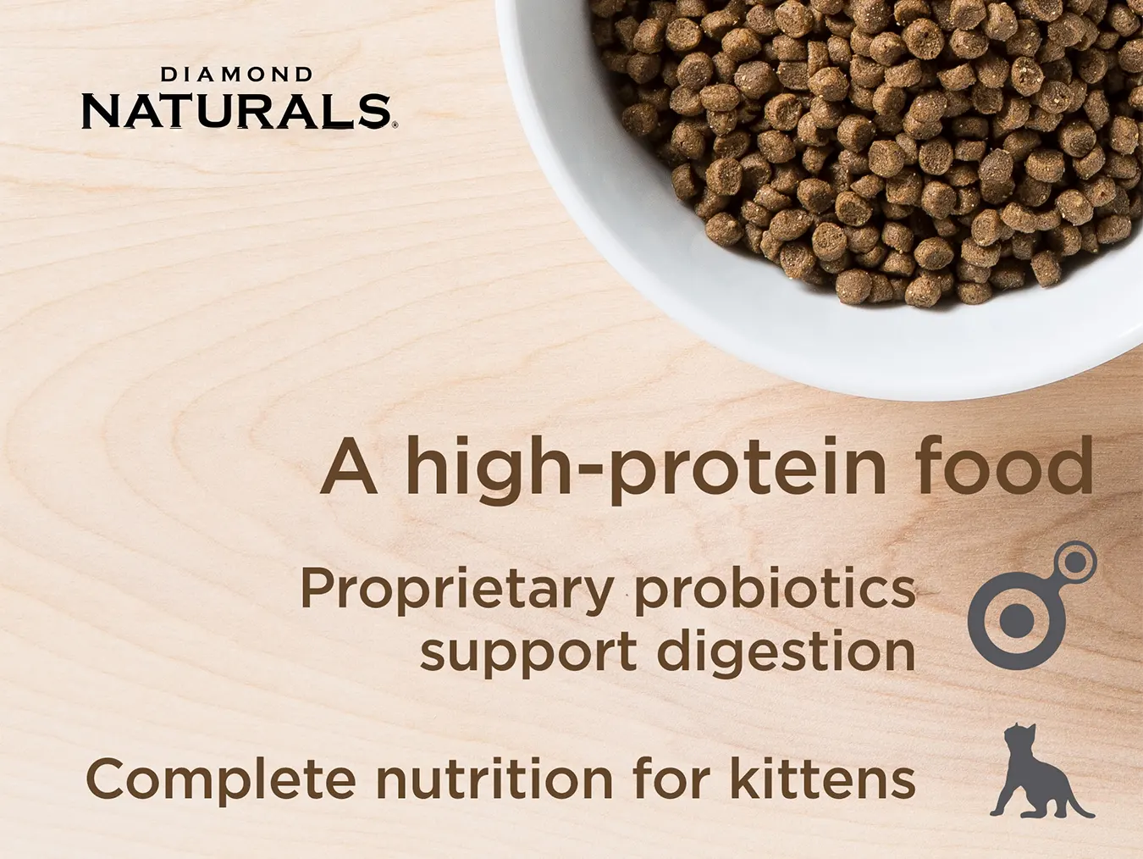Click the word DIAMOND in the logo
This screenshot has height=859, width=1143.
(x=236, y=75)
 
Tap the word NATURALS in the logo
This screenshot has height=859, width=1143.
(x=235, y=111)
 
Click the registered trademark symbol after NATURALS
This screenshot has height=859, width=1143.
(x=395, y=125)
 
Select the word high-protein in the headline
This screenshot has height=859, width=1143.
(x=645, y=468)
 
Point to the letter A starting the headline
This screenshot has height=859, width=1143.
(x=348, y=467)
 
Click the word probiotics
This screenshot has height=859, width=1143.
(x=776, y=589)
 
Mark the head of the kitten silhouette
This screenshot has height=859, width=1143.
(x=1017, y=738)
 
